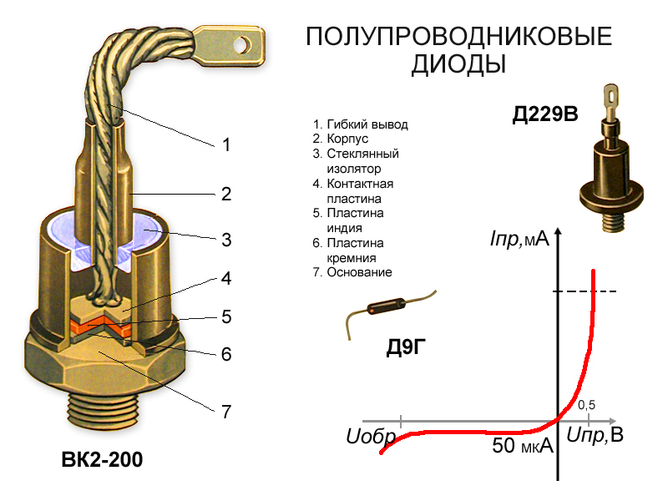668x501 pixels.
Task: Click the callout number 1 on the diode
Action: pos(226,144)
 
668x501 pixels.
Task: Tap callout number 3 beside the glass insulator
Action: pos(226,240)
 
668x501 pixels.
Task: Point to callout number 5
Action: pos(226,317)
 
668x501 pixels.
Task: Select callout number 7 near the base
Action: pos(226,412)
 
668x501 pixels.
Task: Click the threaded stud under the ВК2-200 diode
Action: pos(102,409)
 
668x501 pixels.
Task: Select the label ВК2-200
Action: pos(102,460)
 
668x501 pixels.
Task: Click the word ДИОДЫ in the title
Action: pos(458,64)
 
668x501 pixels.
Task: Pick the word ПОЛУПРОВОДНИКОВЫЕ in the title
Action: pos(458,36)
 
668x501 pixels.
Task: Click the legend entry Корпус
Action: pos(347,139)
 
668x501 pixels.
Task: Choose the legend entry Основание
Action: pos(359,272)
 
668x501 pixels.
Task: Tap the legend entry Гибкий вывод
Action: pos(367,124)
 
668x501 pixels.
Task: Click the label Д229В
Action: pos(545,114)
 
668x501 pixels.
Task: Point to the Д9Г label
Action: pos(406,347)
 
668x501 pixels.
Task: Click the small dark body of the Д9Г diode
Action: pos(386,306)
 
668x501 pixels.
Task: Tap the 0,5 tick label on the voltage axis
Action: pos(587,405)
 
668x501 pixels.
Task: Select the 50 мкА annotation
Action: pos(523,446)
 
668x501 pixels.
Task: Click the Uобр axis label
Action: pos(371,437)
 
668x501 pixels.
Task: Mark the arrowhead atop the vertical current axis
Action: pos(558,233)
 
